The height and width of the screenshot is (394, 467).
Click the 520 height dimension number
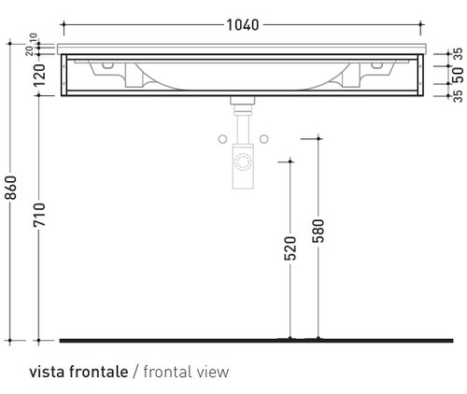(x=290, y=247)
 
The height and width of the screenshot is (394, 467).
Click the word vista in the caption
(x=47, y=371)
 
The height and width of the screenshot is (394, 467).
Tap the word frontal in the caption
(x=169, y=371)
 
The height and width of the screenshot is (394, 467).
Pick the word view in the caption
(x=213, y=371)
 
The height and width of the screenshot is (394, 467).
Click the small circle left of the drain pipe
(x=222, y=139)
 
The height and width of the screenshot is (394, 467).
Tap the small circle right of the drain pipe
(x=264, y=139)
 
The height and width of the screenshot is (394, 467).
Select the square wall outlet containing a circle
(x=243, y=162)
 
